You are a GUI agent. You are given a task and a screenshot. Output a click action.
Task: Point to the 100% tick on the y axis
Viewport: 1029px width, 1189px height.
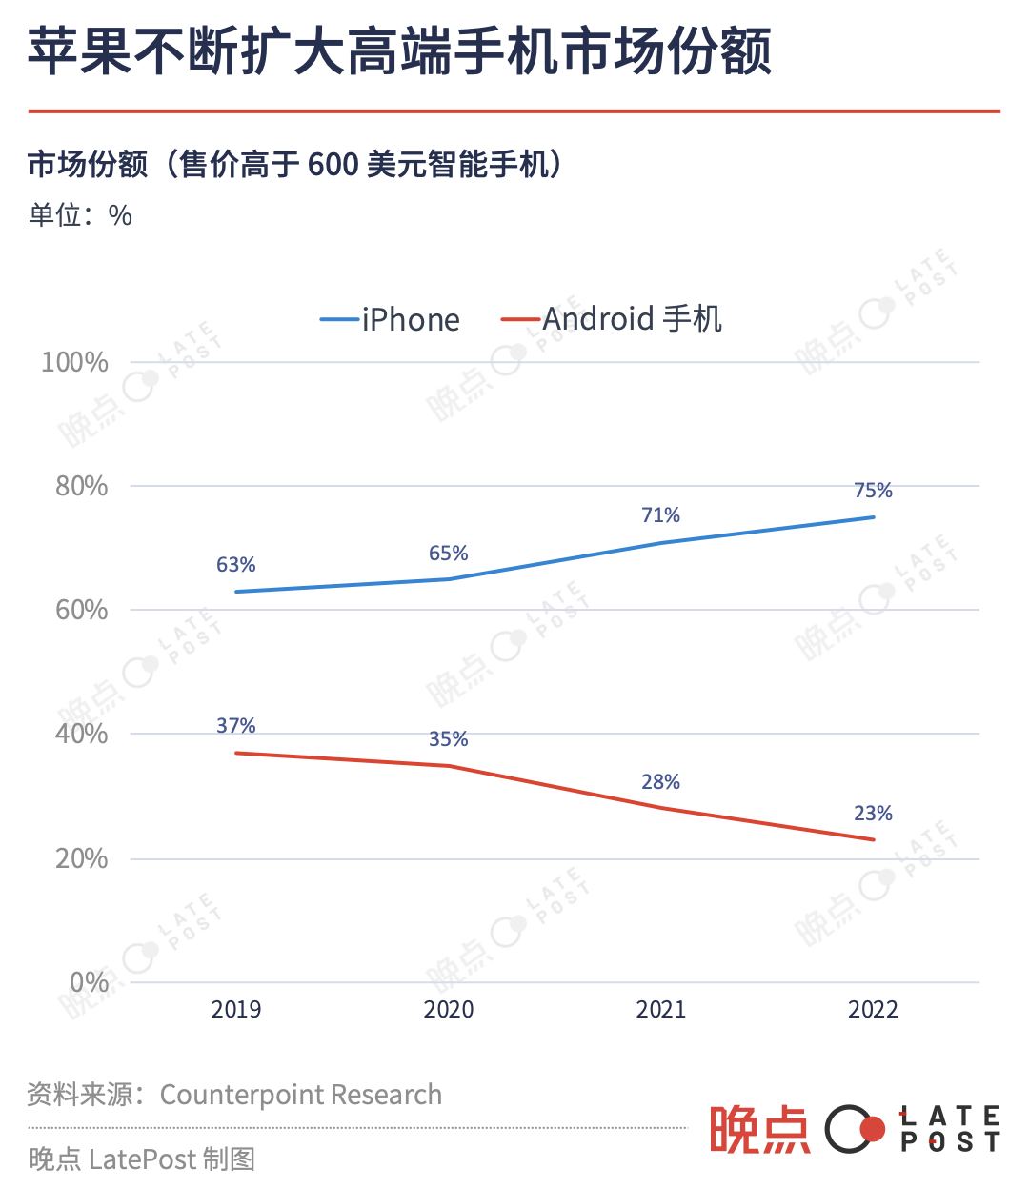click(x=74, y=362)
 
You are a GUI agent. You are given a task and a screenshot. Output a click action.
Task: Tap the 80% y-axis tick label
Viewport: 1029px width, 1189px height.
click(x=81, y=486)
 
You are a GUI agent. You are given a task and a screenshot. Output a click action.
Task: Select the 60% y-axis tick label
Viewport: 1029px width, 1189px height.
click(x=81, y=610)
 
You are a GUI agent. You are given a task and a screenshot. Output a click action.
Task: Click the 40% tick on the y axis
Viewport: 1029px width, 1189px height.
click(x=81, y=734)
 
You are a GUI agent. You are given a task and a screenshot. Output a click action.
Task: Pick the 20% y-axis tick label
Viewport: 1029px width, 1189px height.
click(x=81, y=858)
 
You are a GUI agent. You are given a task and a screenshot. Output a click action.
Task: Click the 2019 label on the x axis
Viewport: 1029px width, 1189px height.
click(x=235, y=1010)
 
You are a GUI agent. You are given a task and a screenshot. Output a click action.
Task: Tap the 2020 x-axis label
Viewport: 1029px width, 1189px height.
click(x=448, y=1010)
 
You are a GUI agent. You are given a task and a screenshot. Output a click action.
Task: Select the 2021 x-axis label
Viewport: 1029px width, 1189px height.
click(x=660, y=1010)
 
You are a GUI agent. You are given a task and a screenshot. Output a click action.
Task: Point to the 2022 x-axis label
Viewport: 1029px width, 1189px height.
click(x=873, y=1010)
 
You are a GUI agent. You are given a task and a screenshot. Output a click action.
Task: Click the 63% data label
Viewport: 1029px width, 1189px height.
click(x=235, y=565)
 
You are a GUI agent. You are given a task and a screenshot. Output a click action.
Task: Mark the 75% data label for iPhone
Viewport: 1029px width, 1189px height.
click(x=873, y=491)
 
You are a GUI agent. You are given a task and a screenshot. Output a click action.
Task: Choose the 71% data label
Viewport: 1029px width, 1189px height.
click(x=660, y=515)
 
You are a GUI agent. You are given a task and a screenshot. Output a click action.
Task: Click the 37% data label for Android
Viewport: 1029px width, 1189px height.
click(x=235, y=726)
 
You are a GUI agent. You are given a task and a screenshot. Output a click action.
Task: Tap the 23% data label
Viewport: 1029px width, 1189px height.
click(x=873, y=814)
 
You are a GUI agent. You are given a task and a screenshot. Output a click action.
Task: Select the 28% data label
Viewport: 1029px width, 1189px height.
click(x=660, y=782)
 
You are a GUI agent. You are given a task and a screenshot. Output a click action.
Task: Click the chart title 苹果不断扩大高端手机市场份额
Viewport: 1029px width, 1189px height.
click(x=399, y=51)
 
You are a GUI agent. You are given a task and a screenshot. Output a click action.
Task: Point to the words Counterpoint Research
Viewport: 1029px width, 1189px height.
click(x=300, y=1095)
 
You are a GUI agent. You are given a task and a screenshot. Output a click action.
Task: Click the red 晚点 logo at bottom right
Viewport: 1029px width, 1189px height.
click(x=758, y=1130)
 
